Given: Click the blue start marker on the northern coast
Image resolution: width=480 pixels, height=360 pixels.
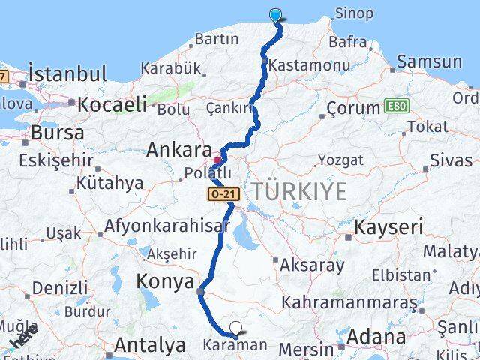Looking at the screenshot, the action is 276,14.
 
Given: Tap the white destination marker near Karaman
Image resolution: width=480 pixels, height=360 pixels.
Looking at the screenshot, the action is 236,327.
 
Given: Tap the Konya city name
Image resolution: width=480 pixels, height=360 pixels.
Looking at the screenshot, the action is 164,281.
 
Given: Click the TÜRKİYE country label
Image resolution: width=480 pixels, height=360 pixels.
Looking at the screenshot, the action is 299,191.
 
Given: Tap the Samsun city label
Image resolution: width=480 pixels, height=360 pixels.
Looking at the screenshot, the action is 430,61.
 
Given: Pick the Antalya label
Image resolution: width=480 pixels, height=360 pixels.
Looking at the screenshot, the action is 150,346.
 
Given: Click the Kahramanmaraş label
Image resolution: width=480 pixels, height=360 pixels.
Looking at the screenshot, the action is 349,302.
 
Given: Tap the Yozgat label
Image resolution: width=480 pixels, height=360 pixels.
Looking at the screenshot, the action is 340,160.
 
